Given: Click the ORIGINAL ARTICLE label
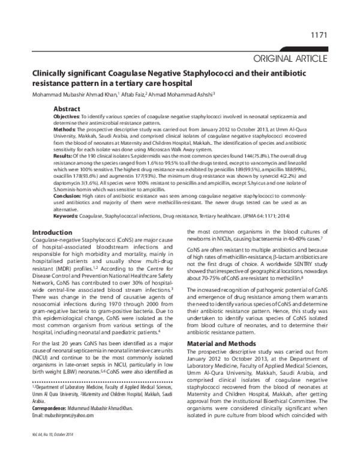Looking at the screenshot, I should click(x=290, y=58).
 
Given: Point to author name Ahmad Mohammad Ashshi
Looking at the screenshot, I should click(x=182, y=94).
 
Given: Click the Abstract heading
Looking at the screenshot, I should click(x=67, y=109).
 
